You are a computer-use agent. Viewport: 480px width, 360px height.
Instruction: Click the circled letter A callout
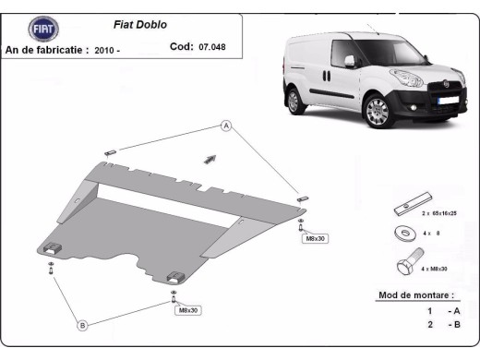point(225,126)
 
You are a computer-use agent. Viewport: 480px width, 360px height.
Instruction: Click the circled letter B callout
point(82,324)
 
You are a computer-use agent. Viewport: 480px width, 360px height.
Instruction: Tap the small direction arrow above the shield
point(210,158)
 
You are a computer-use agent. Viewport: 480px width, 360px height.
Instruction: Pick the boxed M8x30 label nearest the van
point(315,238)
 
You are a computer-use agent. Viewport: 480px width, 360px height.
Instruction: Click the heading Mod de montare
point(416,296)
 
